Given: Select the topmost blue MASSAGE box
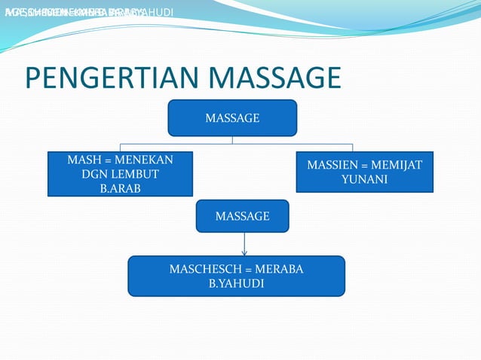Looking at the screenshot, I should click(232, 118).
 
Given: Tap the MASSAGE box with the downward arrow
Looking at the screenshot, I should click(243, 216).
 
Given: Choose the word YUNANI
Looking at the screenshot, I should click(364, 179).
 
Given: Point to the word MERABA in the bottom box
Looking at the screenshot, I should click(280, 270).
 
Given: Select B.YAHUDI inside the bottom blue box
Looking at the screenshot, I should click(237, 284).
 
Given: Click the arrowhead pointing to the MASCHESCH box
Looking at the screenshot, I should click(244, 252).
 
